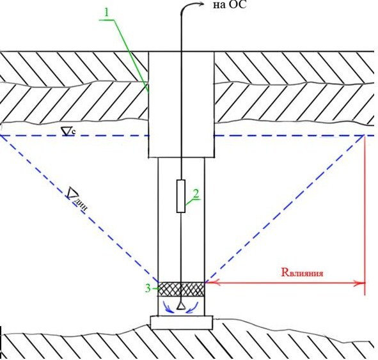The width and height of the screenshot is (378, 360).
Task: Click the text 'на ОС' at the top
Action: point(230,5)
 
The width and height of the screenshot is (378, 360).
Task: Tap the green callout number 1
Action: point(107,13)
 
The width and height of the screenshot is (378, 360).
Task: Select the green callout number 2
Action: point(196,194)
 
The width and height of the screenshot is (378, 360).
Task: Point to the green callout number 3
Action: point(148,288)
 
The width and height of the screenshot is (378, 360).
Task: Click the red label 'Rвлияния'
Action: point(302,272)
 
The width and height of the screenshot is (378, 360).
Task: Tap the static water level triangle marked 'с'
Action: point(67,132)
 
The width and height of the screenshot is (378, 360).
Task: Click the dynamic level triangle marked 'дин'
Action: point(71,193)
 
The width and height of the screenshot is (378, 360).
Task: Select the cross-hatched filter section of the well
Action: point(181,289)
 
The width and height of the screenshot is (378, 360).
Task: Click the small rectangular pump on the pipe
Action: point(181,196)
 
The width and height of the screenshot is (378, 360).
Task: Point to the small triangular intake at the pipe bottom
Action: point(181,306)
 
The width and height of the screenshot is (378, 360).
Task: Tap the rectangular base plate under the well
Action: point(182,323)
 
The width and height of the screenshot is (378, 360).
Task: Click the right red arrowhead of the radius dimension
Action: point(359,283)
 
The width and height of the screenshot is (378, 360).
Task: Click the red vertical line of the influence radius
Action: point(365,215)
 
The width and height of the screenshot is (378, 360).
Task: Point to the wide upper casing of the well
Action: point(181,105)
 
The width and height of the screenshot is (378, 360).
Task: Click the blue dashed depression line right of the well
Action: point(285,208)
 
